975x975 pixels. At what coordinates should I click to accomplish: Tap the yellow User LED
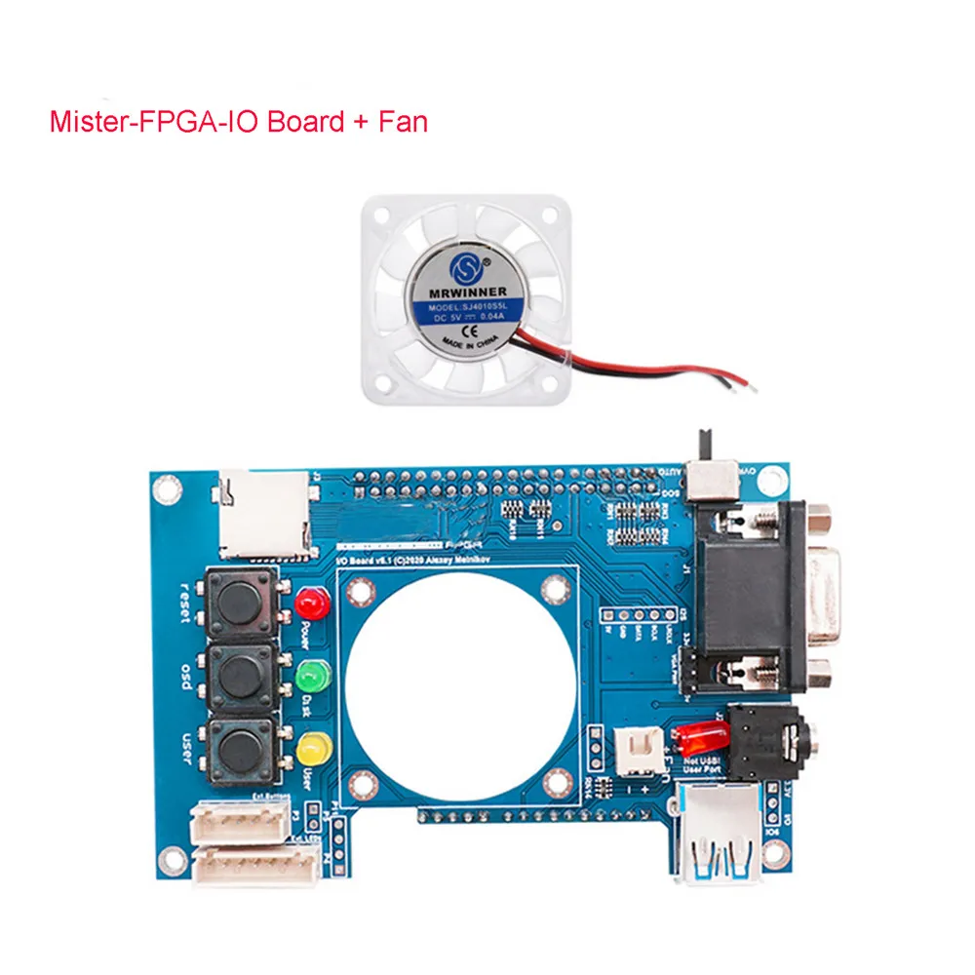(313, 749)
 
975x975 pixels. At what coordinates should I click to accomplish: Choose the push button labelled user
(239, 749)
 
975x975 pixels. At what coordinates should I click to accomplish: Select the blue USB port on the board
(721, 839)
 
